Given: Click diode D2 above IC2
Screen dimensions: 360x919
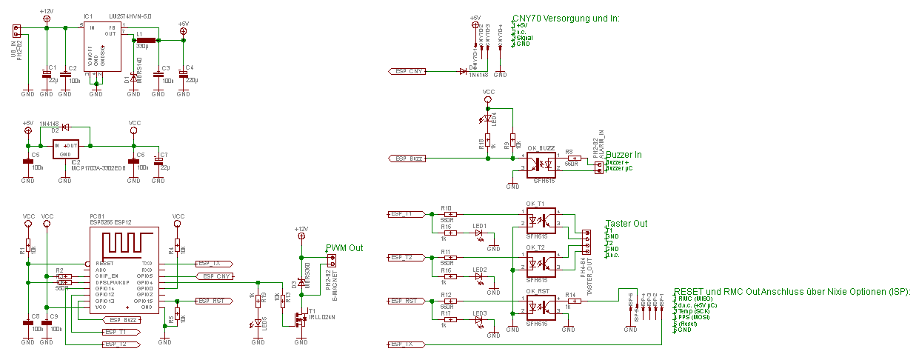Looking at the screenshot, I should point(65,128).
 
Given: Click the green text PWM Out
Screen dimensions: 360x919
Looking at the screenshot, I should point(344,247).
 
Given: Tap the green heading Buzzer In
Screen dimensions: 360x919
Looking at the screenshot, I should point(624,155).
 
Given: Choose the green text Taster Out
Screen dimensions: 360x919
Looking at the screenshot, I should point(626,224).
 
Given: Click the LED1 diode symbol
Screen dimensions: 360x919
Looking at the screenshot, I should point(479,233).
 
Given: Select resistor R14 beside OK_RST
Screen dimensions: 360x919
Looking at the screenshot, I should point(571,301).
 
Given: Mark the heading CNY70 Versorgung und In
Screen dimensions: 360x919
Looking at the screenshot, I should point(566,19).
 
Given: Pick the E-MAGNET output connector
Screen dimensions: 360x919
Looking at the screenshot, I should point(332,261).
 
